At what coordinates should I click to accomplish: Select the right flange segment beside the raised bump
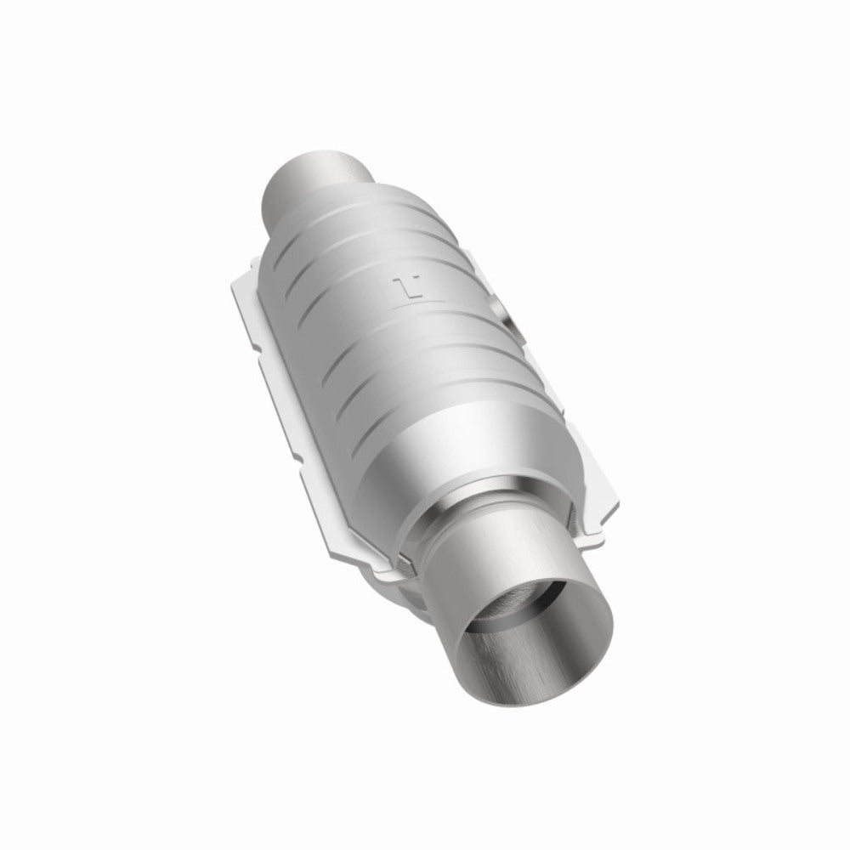click(527, 357)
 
